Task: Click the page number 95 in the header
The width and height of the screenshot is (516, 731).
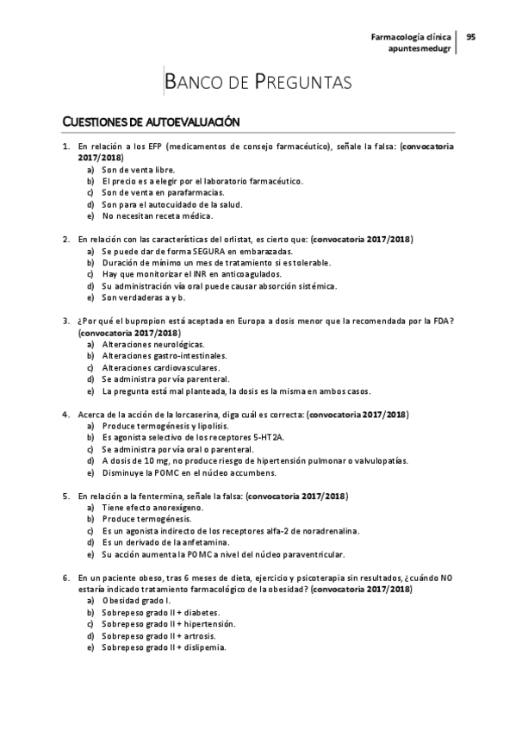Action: pos(471,37)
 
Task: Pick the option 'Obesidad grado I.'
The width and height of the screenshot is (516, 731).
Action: pos(136,600)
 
